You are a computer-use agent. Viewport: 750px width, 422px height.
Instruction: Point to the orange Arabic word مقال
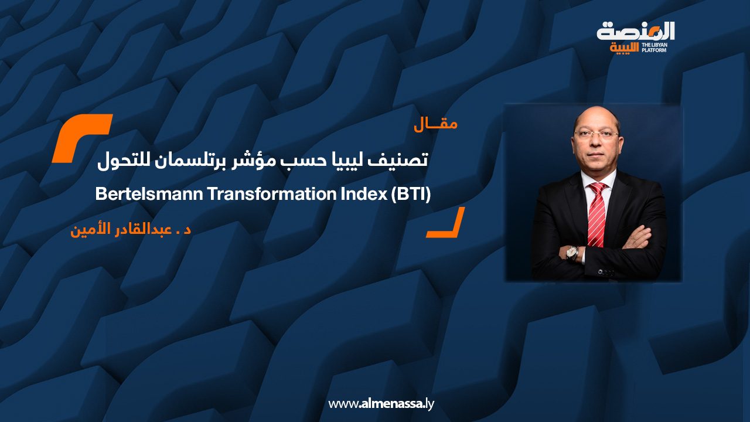[x=435, y=125]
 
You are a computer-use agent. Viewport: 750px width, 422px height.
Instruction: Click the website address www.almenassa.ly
[x=381, y=404]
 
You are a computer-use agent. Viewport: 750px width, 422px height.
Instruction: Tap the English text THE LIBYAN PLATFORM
[x=654, y=47]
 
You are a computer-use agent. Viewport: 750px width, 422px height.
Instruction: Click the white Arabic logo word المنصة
[x=636, y=32]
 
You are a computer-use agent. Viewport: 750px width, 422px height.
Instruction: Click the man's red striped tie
[x=597, y=215]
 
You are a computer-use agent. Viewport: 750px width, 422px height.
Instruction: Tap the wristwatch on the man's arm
[x=571, y=253]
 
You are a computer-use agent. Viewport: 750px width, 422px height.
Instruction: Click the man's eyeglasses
[x=596, y=135]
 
